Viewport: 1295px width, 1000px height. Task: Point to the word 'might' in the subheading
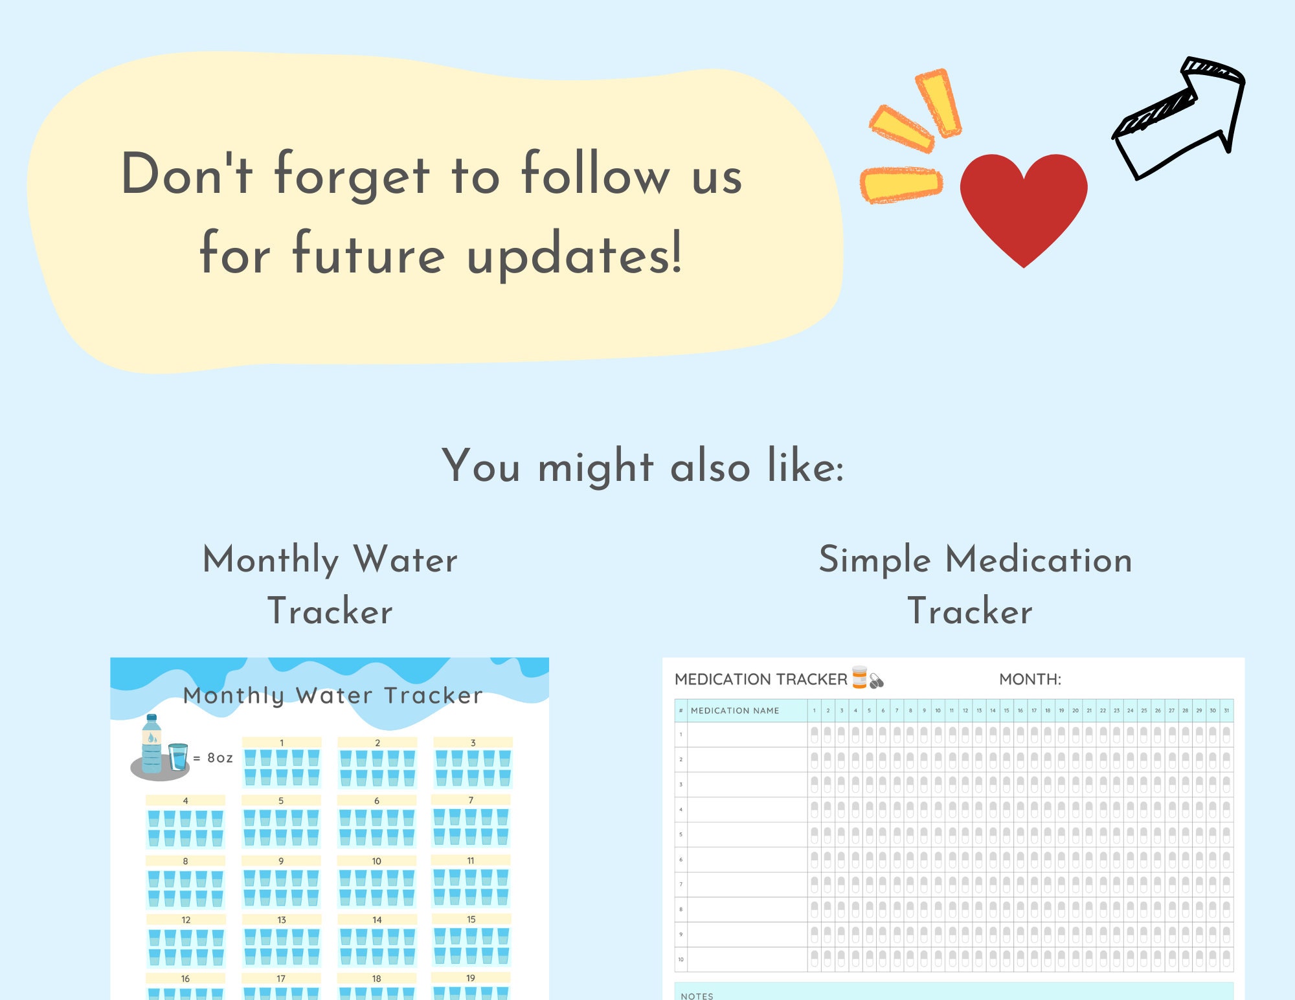(596, 467)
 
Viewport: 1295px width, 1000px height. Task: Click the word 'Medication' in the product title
(1039, 559)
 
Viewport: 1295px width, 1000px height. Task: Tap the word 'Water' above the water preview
(405, 559)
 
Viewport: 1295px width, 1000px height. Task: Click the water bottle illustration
(152, 744)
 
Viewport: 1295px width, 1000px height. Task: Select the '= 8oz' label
(213, 758)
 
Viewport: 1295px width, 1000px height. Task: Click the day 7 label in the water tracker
(471, 801)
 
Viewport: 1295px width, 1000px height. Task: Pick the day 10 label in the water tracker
(376, 861)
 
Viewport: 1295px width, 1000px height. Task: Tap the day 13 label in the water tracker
(281, 920)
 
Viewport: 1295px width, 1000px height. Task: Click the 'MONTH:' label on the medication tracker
(1030, 680)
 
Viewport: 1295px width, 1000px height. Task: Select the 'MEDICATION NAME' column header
(735, 711)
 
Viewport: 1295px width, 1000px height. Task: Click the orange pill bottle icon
(859, 677)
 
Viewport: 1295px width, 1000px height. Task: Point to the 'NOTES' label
(697, 995)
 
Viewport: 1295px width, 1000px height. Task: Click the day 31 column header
(1226, 711)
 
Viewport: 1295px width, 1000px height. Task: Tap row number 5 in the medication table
(681, 834)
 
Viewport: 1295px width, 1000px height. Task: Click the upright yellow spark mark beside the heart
(938, 103)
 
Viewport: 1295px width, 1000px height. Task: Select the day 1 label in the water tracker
(282, 742)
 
